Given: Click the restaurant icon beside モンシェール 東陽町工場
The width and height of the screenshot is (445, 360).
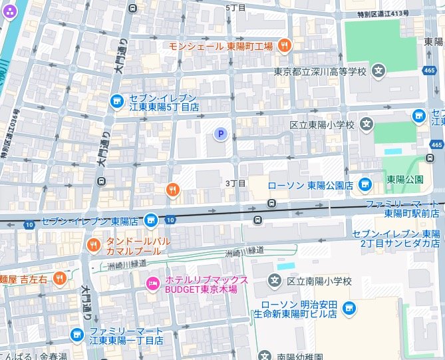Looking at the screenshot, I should click(285, 45).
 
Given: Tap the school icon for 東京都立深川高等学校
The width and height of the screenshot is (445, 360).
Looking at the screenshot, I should click(378, 70).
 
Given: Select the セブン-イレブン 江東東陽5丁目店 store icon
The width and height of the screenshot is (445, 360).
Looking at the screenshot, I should click(116, 100).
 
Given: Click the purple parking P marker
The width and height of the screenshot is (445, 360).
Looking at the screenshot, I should click(220, 134).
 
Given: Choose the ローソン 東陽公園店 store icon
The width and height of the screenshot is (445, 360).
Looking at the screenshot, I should click(364, 184).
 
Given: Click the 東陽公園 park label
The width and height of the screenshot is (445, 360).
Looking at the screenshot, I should click(405, 180).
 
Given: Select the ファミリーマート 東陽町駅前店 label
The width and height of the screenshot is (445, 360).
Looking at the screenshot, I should click(403, 208).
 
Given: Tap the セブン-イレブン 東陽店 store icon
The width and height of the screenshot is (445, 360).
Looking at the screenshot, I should click(152, 220).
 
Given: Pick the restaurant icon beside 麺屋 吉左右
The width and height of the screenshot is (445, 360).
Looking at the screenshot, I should click(59, 277).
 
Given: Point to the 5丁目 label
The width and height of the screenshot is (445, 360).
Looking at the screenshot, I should click(235, 7).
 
